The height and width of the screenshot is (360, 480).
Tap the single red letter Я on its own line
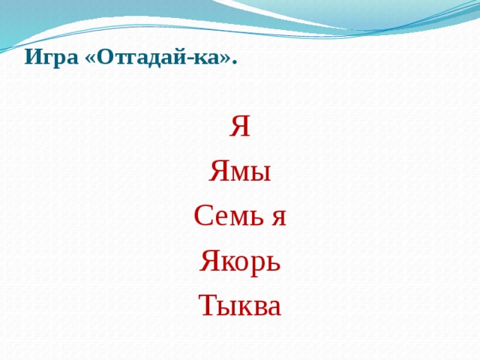coord(240,128)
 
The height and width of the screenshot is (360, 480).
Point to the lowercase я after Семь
coord(278,218)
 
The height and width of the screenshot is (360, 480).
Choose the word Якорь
coord(240,262)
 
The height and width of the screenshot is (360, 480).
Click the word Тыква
coord(240,305)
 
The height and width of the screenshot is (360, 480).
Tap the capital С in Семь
coord(202,217)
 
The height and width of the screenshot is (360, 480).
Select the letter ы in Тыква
coord(226,307)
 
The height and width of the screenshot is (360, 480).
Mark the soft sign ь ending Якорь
coord(274,263)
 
